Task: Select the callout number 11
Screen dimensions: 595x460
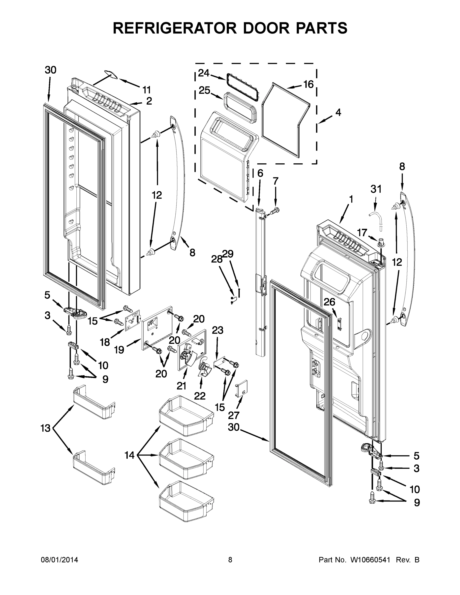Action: (146, 90)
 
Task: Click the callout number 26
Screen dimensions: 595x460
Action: (329, 302)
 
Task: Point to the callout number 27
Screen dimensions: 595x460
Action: (234, 415)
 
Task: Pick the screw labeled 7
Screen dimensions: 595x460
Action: (275, 210)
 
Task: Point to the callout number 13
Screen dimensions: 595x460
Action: (46, 428)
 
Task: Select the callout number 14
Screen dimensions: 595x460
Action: (129, 455)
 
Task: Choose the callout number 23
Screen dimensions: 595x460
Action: (217, 330)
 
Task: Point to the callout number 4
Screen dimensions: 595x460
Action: (338, 112)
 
